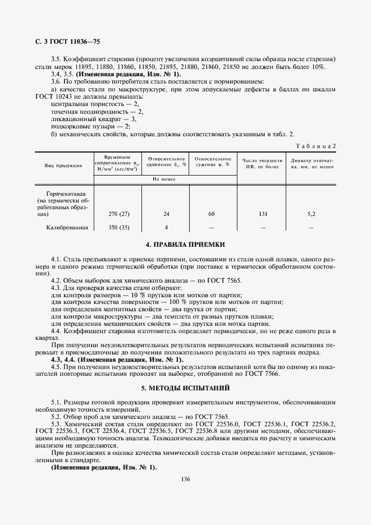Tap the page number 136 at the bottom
pos(185,478)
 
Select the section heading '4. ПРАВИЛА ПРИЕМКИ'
pos(185,245)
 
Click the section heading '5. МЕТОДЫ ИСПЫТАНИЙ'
pos(185,388)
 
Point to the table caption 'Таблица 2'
pos(315,146)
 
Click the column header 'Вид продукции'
pos(63,165)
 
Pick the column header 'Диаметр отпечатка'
pos(312,163)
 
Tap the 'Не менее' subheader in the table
pos(164,179)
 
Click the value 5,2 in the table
pos(312,214)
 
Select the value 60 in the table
pos(212,214)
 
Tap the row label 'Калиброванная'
pos(67,227)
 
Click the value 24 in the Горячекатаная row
pos(166,214)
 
